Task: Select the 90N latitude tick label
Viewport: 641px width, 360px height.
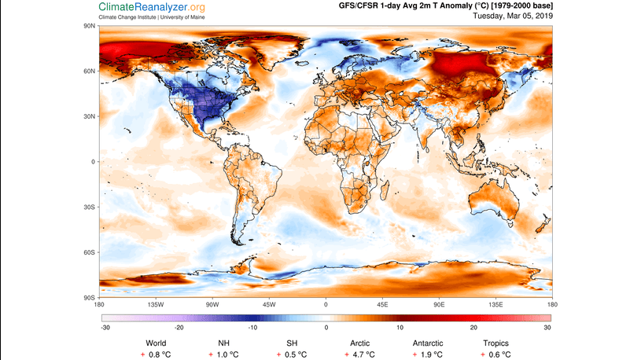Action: coord(90,26)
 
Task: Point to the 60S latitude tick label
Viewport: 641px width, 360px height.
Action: coord(90,252)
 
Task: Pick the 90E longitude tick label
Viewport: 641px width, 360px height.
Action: coord(439,304)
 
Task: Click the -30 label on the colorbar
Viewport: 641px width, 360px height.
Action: coord(105,327)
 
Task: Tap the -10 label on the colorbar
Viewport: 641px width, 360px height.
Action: coord(252,327)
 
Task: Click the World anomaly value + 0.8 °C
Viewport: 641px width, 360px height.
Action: coord(157,354)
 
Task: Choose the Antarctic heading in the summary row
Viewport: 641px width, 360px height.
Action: coord(428,343)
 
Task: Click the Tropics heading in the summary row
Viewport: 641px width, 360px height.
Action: coord(495,343)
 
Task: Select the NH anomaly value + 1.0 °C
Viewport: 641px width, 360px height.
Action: coord(224,354)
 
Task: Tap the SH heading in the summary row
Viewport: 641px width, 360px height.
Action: coord(292,343)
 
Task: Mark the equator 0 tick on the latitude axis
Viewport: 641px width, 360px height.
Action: coord(93,162)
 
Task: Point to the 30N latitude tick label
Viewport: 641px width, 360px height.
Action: coord(90,116)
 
